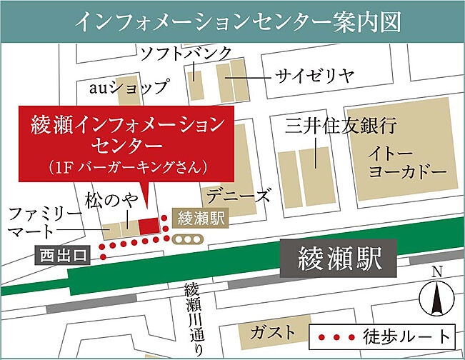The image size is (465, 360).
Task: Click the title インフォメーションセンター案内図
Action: (x=232, y=21)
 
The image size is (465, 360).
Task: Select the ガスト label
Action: (x=272, y=332)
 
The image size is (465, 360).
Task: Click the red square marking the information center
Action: (x=148, y=227)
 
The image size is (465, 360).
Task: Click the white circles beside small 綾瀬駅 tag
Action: (x=189, y=239)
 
